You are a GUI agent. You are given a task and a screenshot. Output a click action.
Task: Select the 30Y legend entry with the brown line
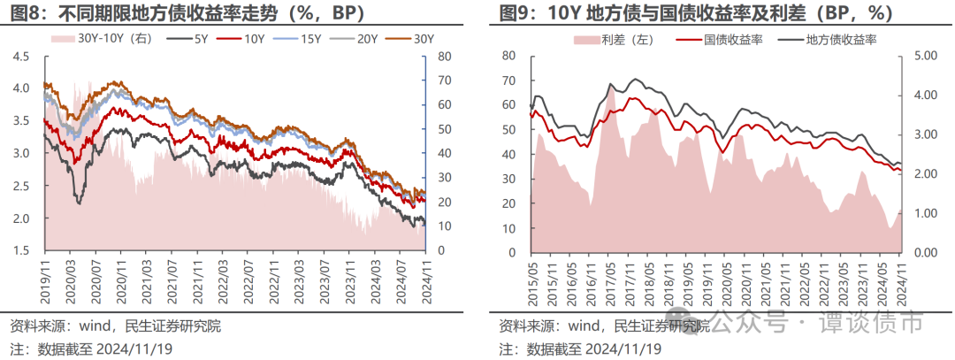coord(412,39)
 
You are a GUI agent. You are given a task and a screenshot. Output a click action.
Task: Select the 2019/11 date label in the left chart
coord(47,272)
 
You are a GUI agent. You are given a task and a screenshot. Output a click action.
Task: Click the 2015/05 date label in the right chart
coord(531,275)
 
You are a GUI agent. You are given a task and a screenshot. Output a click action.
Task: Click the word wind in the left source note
coord(95,326)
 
